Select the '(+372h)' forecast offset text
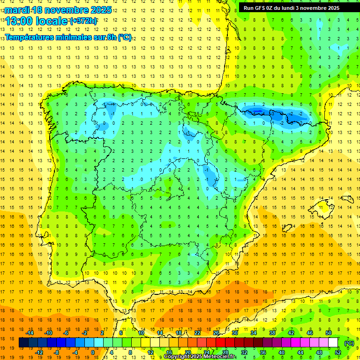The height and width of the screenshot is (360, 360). click(83, 21)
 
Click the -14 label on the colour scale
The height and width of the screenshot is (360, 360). click(30, 333)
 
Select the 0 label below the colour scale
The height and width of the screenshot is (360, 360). click(92, 352)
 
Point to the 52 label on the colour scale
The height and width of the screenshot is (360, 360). click(337, 352)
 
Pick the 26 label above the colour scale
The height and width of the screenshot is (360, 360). click(216, 333)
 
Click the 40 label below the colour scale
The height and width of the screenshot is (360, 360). click(281, 352)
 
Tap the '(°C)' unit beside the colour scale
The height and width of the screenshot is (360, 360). click(349, 343)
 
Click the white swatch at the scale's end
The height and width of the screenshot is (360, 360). click(333, 343)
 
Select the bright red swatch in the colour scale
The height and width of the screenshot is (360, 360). click(221, 343)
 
